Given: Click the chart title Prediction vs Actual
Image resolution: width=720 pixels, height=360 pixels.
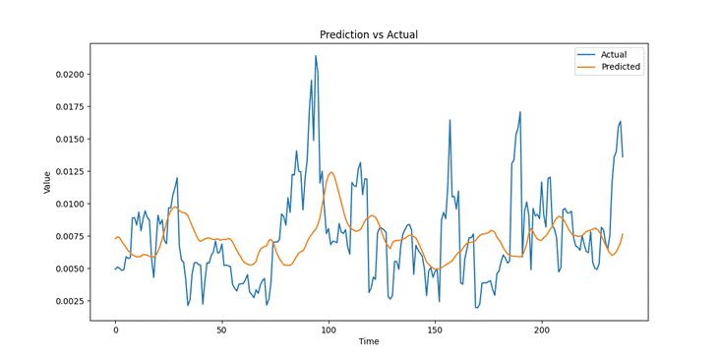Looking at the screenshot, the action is (369, 34).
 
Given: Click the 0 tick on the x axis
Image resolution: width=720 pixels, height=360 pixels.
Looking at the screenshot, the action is (115, 330).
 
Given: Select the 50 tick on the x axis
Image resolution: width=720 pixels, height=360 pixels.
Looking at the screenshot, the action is (221, 330).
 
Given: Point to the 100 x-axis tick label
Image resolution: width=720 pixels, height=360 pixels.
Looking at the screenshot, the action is (329, 330).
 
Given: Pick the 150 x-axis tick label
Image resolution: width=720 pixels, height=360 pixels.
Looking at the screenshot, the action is (436, 330).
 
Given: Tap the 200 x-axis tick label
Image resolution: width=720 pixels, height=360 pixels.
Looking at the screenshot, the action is (542, 330).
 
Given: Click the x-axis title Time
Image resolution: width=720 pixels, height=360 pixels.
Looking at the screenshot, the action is (369, 341).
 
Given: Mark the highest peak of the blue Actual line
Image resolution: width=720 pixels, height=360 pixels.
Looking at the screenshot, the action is (316, 56).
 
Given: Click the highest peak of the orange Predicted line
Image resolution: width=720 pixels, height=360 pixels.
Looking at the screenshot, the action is (330, 172).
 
